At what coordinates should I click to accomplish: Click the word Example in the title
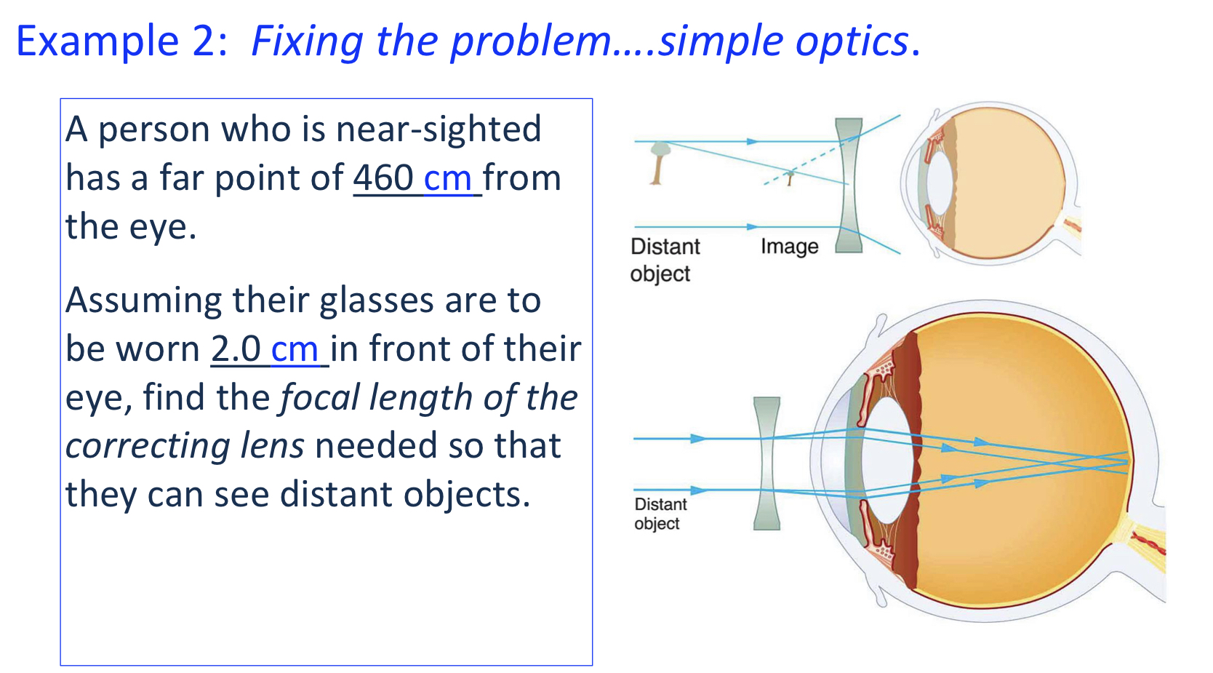click(x=97, y=41)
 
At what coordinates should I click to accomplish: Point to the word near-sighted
click(x=439, y=130)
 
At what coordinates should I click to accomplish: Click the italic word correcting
click(x=148, y=446)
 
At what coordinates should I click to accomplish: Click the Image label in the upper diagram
click(x=789, y=247)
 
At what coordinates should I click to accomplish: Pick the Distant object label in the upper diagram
click(x=664, y=260)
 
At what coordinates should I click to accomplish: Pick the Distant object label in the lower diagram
click(x=660, y=514)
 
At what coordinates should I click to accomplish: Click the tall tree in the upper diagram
click(x=659, y=162)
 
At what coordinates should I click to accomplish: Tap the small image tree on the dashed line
click(x=790, y=177)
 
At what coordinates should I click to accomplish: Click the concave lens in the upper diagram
click(x=849, y=186)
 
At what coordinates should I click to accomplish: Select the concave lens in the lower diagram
click(x=766, y=463)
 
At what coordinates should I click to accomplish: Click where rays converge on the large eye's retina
click(x=1126, y=462)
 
